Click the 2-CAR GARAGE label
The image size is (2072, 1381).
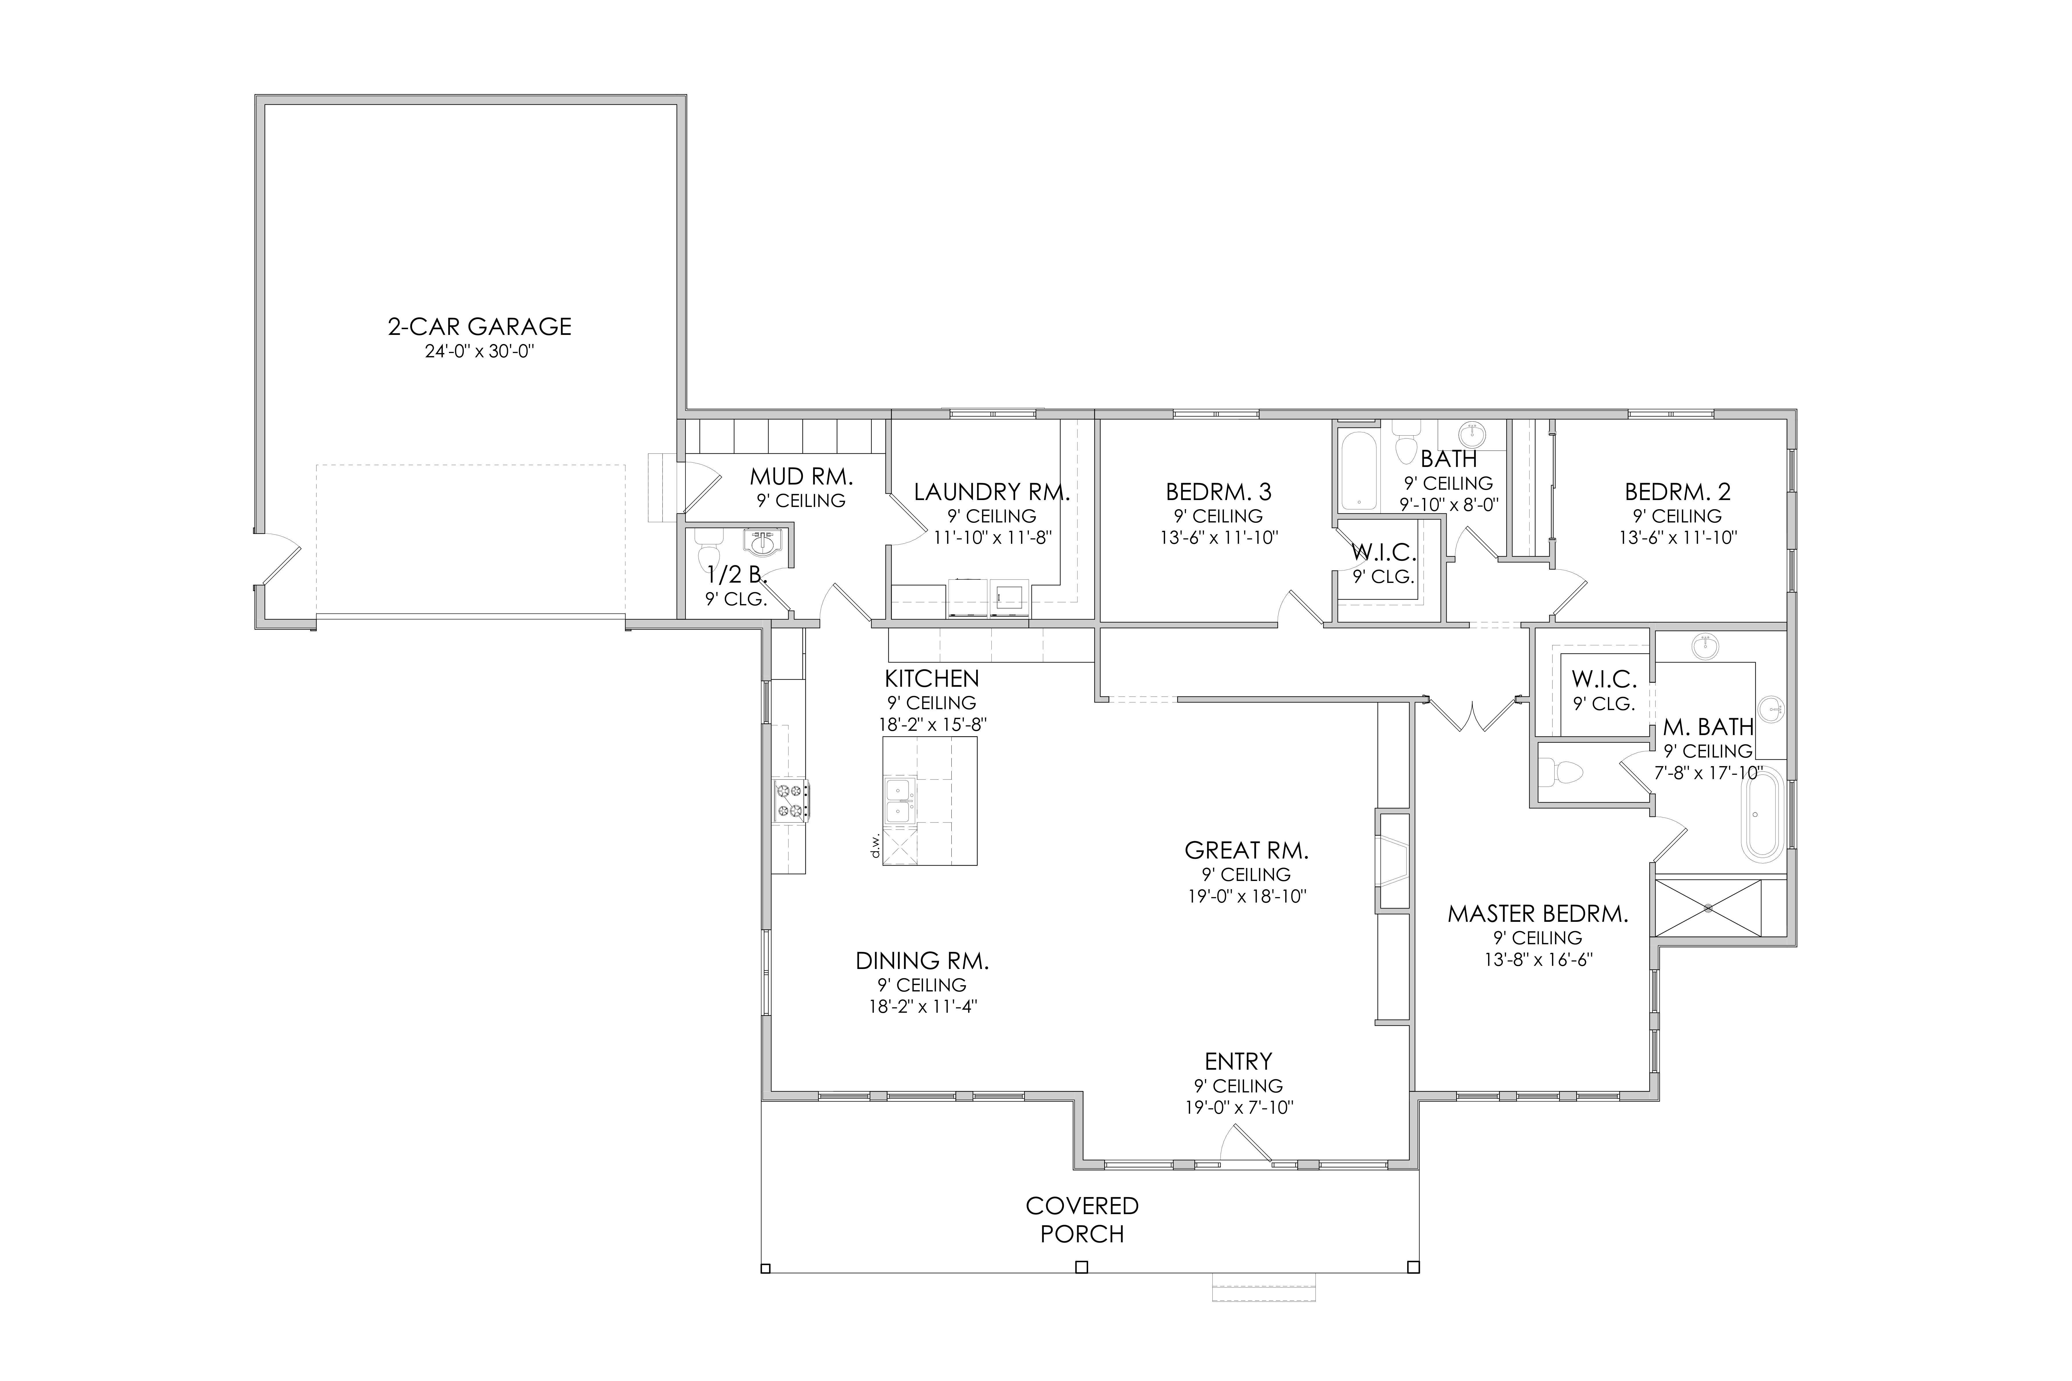(479, 327)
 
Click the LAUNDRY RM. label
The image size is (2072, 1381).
(991, 492)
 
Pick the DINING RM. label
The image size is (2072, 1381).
(922, 961)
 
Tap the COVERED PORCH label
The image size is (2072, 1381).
(1082, 1220)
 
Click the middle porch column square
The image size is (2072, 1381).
(1082, 1267)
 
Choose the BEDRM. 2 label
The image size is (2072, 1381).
(1677, 492)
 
